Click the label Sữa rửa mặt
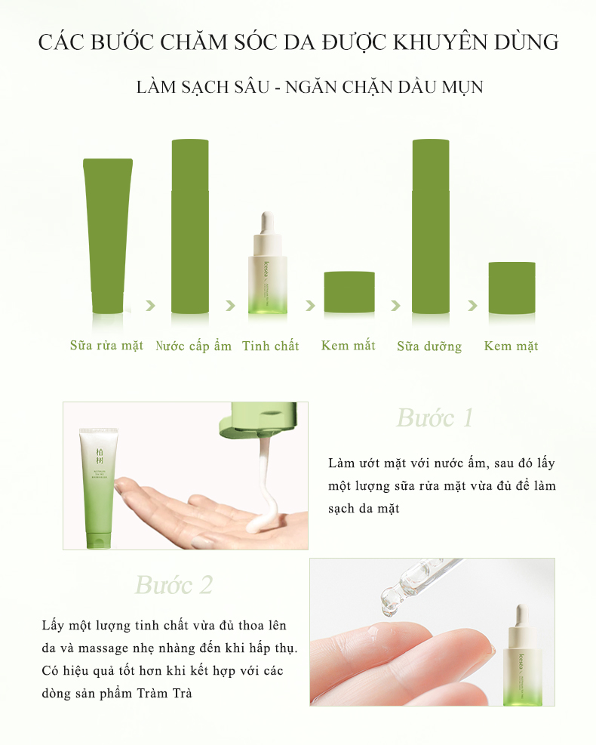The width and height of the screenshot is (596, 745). (x=106, y=346)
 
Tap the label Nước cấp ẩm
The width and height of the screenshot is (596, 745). (x=193, y=346)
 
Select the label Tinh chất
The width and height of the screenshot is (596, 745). (x=271, y=346)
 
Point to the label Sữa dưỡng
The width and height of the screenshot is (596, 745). (x=429, y=346)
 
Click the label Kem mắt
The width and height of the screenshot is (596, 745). (x=348, y=346)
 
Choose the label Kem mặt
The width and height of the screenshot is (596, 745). (x=511, y=346)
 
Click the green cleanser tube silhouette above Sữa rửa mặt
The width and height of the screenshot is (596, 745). (x=108, y=236)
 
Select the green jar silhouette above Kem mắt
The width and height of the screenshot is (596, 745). (x=349, y=292)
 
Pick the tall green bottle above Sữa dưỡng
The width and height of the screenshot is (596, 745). (x=431, y=226)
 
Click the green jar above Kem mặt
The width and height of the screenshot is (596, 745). (x=512, y=288)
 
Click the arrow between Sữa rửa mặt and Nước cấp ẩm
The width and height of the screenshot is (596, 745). (x=151, y=305)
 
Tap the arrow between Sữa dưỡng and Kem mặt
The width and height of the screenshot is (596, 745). (x=472, y=306)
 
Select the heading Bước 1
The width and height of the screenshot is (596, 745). (x=435, y=418)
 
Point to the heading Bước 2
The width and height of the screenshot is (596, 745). (x=174, y=585)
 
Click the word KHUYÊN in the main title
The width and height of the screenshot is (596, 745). (x=441, y=42)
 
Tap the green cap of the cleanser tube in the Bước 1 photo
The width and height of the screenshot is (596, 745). (x=100, y=540)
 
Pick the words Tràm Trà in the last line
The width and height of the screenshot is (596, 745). (x=164, y=693)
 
